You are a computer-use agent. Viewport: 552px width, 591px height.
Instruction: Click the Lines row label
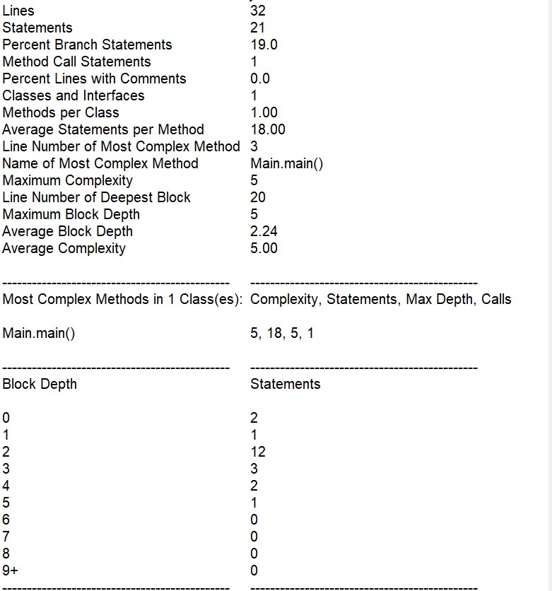pyautogui.click(x=18, y=11)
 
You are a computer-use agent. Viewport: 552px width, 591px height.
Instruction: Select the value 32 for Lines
pyautogui.click(x=258, y=11)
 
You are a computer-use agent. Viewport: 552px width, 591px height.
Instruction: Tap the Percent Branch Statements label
pyautogui.click(x=87, y=45)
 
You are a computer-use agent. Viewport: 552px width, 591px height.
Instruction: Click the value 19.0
pyautogui.click(x=264, y=45)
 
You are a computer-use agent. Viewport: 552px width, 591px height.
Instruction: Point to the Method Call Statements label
pyautogui.click(x=76, y=62)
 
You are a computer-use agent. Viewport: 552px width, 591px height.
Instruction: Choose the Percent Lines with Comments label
pyautogui.click(x=94, y=78)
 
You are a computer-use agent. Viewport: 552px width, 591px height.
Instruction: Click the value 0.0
pyautogui.click(x=260, y=78)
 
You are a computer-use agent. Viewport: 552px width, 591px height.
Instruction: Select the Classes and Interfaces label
pyautogui.click(x=74, y=95)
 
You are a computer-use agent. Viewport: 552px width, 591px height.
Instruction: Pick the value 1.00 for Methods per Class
pyautogui.click(x=264, y=112)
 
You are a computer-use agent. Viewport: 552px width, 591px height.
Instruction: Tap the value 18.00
pyautogui.click(x=268, y=129)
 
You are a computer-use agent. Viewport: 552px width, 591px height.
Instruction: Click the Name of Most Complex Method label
pyautogui.click(x=100, y=163)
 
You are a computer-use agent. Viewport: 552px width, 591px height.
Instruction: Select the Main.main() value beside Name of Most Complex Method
pyautogui.click(x=286, y=163)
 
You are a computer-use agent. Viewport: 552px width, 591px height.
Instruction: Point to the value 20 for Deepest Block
pyautogui.click(x=258, y=197)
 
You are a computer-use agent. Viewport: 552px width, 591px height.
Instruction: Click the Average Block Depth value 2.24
pyautogui.click(x=264, y=231)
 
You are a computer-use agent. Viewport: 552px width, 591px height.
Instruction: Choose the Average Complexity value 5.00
pyautogui.click(x=264, y=248)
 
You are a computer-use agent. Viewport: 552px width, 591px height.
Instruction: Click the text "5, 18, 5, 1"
pyautogui.click(x=282, y=333)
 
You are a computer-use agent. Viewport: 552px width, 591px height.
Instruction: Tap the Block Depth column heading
pyautogui.click(x=40, y=384)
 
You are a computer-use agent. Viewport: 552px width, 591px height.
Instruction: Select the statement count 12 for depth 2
pyautogui.click(x=258, y=452)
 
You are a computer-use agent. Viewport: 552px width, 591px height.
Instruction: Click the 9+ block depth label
pyautogui.click(x=11, y=570)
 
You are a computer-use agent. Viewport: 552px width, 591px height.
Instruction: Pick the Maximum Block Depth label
pyautogui.click(x=71, y=214)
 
